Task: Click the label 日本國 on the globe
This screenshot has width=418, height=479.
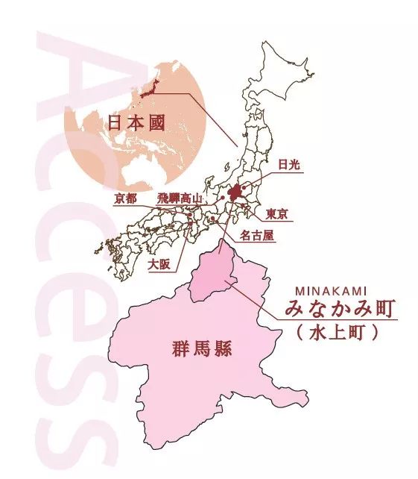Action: pyautogui.click(x=137, y=122)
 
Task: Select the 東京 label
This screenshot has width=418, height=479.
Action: pyautogui.click(x=276, y=213)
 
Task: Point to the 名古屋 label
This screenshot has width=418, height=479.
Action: pyautogui.click(x=258, y=236)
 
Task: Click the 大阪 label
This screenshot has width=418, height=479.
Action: pyautogui.click(x=159, y=264)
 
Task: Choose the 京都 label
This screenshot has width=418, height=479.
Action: pyautogui.click(x=126, y=198)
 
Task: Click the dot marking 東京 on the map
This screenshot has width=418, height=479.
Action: pyautogui.click(x=243, y=208)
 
